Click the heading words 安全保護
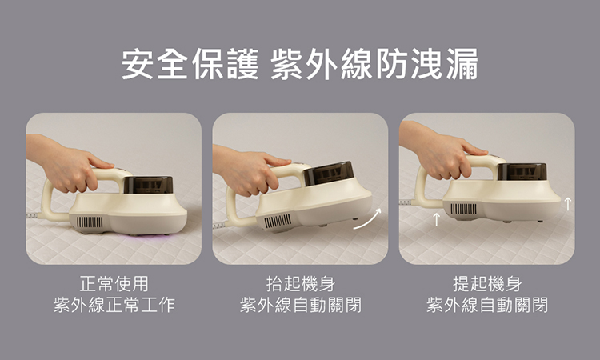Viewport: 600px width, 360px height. point(190,64)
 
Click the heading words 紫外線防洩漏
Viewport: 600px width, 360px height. point(374,64)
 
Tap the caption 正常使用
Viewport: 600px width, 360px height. point(114,284)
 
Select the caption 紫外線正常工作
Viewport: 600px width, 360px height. point(114,305)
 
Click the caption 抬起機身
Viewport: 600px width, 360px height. point(300,284)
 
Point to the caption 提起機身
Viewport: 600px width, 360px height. point(487,284)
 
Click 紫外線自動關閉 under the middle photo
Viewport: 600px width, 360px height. point(300,305)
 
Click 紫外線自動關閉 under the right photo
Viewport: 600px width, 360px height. point(487,305)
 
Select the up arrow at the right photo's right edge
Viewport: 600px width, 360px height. point(568,204)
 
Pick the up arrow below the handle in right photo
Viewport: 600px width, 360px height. point(436,219)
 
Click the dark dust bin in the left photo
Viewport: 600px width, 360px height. point(148,185)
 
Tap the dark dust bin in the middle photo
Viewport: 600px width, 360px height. point(329,173)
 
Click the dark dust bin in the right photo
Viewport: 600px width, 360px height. point(522,172)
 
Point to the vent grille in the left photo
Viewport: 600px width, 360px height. point(90,222)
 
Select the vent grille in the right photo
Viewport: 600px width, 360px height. point(463,209)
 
